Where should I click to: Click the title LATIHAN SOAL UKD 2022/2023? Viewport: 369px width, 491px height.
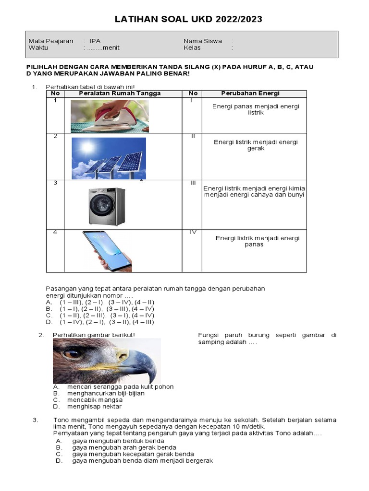pos(188,19)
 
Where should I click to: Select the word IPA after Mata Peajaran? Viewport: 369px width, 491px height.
pos(95,41)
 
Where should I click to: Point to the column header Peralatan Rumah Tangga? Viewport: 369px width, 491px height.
pos(120,94)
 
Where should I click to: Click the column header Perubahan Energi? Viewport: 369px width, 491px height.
pos(250,94)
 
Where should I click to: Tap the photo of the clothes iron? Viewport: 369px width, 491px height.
pos(110,116)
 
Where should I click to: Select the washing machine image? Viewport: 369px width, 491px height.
pos(106,207)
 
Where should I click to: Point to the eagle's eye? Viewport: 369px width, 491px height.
pos(74,354)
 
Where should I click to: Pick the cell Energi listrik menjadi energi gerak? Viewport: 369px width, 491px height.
pos(256,145)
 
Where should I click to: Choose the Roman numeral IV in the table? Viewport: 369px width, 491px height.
pos(193,232)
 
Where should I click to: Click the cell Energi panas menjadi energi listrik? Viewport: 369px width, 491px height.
pos(256,109)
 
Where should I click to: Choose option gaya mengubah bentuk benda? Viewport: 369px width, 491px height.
pos(118,441)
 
